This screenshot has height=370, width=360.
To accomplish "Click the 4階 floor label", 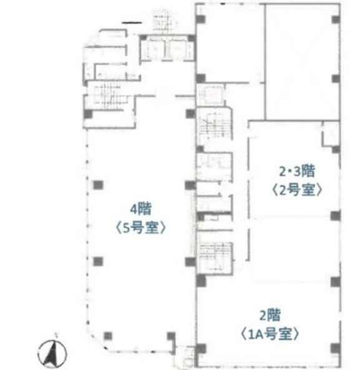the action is tap(140, 209).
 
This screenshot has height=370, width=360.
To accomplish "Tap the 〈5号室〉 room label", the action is tap(140, 228).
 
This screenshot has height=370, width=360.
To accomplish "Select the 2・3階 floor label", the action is tap(297, 170).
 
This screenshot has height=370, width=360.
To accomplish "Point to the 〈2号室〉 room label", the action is tap(297, 190).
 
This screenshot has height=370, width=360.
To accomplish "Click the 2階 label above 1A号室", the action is tap(270, 315).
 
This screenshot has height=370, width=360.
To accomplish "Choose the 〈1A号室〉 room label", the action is tap(270, 334).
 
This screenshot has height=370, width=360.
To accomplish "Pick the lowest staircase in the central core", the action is tap(215, 256).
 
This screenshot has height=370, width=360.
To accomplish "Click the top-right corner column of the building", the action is tap(336, 19).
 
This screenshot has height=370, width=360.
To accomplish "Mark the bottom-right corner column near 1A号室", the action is tap(336, 348).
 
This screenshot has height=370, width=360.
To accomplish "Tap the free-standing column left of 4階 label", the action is tap(98, 185).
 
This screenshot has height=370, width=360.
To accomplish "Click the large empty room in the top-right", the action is tap(303, 62).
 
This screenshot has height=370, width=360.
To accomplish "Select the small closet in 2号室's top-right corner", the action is tap(331, 134).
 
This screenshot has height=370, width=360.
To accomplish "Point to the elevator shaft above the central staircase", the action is tap(211, 94).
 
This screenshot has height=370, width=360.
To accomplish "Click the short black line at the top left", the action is tap(132, 22).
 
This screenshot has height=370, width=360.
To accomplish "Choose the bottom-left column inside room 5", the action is tap(108, 336).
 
